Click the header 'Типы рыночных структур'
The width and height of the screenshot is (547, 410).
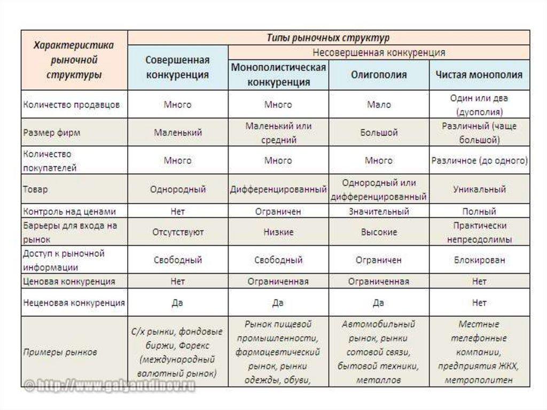tap(329, 38)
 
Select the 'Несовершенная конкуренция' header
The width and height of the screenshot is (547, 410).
tap(379, 53)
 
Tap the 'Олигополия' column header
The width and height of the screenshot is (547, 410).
tap(379, 75)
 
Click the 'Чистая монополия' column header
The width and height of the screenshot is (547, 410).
tap(479, 75)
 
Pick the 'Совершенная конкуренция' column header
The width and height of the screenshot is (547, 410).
tap(177, 67)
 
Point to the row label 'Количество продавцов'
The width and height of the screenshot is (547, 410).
tap(72, 105)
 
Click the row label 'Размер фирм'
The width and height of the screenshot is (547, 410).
tap(52, 133)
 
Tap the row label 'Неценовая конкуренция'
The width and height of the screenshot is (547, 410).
tap(74, 303)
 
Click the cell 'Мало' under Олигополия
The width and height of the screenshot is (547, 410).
tap(379, 105)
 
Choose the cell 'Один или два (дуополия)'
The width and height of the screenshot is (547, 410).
tap(479, 105)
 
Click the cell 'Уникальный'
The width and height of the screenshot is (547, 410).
tap(479, 189)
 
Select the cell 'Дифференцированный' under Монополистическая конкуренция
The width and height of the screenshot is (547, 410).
tap(278, 189)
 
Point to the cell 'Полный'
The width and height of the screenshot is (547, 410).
tap(479, 212)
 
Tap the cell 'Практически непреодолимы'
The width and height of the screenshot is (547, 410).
tap(479, 233)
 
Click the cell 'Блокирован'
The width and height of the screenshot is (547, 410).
tap(479, 260)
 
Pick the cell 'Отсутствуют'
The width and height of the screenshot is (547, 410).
tap(177, 233)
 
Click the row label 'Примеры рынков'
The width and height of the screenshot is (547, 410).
tap(60, 353)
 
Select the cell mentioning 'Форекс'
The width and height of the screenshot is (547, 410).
tap(177, 353)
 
